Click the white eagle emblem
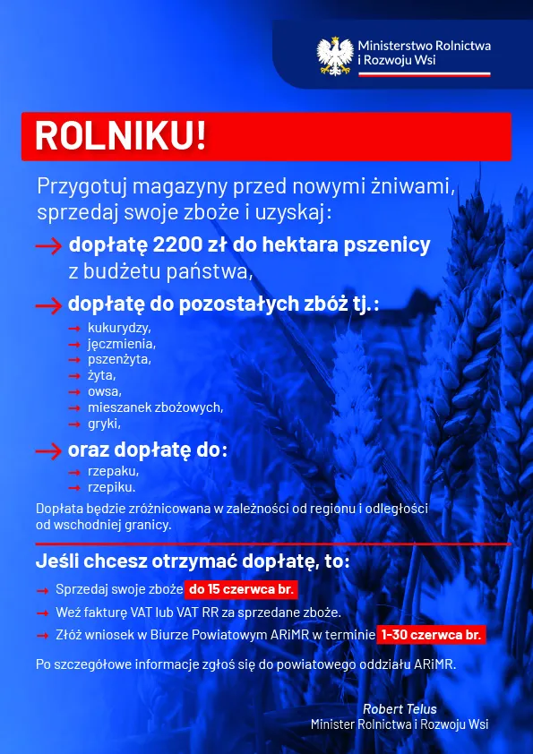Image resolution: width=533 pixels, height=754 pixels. click(335, 55)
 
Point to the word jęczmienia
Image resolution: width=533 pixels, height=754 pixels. click(122, 344)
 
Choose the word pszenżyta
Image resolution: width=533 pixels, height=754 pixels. click(119, 359)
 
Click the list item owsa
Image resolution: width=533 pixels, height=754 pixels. click(104, 391)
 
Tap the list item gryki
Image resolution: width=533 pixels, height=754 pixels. click(104, 424)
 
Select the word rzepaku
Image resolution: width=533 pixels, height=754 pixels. click(114, 471)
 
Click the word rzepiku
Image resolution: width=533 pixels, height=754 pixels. click(112, 487)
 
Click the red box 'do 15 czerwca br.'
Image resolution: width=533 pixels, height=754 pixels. click(240, 589)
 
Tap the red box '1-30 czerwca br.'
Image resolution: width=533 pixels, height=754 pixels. click(431, 635)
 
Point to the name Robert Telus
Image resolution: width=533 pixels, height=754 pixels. click(400, 709)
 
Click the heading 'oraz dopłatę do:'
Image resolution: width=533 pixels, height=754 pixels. click(148, 450)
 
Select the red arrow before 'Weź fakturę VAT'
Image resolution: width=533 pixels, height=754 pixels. click(42, 613)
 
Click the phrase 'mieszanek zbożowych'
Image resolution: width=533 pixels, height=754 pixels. click(155, 407)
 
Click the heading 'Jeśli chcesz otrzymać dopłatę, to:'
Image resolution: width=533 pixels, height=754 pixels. click(193, 562)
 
